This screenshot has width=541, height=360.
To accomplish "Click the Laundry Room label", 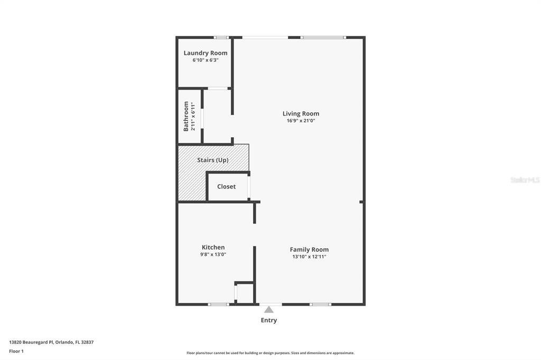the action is point(206,53).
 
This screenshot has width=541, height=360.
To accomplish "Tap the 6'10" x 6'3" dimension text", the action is point(206,60).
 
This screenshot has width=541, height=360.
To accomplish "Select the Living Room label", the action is point(301,113).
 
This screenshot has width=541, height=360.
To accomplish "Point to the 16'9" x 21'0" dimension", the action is point(301,121).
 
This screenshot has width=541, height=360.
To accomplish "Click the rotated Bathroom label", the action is point(186,116).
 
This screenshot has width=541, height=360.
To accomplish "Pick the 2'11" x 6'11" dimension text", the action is point(193,117).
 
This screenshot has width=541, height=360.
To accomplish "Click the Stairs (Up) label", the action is point(213,160).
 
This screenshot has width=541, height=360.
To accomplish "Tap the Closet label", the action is point(226,186).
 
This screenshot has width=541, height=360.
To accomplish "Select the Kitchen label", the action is point(213,247).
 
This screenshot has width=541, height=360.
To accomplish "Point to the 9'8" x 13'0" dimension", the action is point(213,254).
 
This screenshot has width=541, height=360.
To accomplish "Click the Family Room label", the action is point(309,250).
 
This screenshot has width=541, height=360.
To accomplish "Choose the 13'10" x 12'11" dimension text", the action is point(309,257).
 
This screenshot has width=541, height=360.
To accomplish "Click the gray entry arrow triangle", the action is point(269,309).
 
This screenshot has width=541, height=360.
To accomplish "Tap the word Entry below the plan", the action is point(269,320).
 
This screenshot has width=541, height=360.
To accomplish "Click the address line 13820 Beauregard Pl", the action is point(51,342).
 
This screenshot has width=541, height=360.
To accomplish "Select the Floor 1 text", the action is point(16,351).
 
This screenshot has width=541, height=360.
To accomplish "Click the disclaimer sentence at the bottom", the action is point(270,353).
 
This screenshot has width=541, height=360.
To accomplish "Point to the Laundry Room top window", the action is point(221,37).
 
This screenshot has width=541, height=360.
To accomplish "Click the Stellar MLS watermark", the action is point(525,180).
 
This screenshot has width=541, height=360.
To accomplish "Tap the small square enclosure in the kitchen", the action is point(245,293).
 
